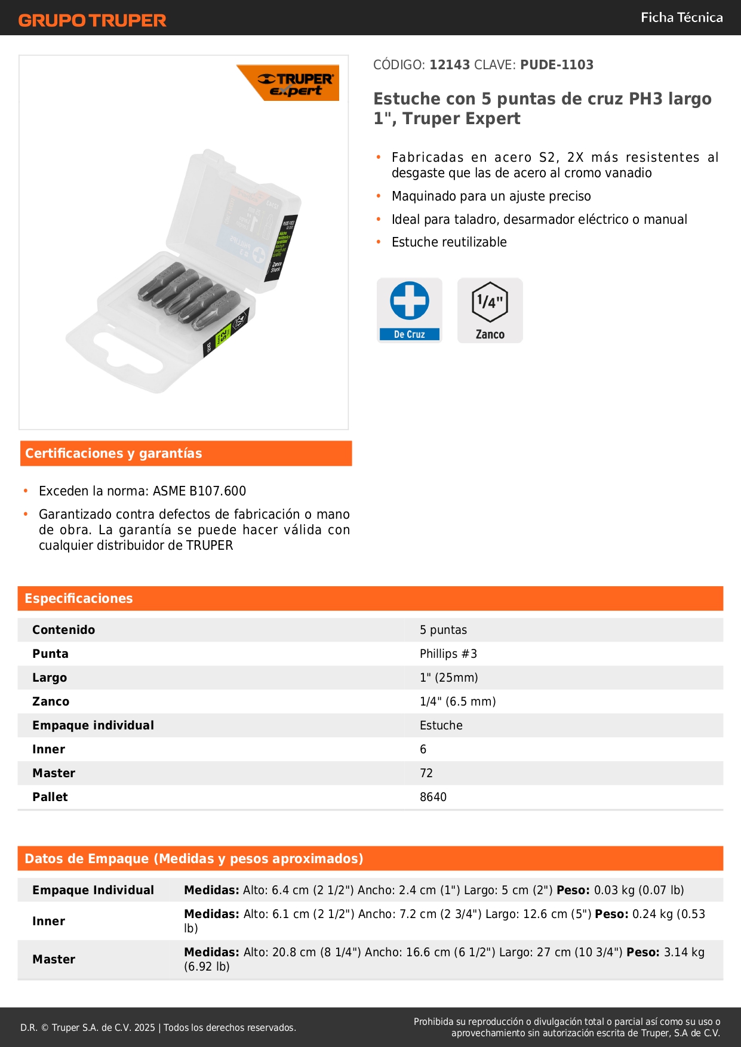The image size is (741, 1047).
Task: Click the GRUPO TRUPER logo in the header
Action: pyautogui.click(x=92, y=20)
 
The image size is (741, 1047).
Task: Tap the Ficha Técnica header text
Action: pyautogui.click(x=681, y=17)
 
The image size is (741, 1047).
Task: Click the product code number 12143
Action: pyautogui.click(x=450, y=64)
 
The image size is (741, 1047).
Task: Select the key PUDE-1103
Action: pyautogui.click(x=556, y=64)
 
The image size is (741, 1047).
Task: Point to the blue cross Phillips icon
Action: pyautogui.click(x=410, y=300)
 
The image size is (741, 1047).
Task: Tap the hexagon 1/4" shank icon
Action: pyautogui.click(x=490, y=302)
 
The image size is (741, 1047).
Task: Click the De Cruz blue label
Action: pyautogui.click(x=410, y=334)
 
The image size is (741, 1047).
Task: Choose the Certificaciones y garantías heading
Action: pyautogui.click(x=113, y=453)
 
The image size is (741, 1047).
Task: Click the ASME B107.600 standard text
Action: pyautogui.click(x=199, y=491)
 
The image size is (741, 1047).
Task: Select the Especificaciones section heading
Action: pyautogui.click(x=79, y=598)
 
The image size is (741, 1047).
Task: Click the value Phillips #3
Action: pyautogui.click(x=448, y=654)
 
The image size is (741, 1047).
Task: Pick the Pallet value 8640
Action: pyautogui.click(x=433, y=797)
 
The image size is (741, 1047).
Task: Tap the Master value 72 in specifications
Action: pyautogui.click(x=426, y=773)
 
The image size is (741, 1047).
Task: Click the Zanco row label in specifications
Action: pyautogui.click(x=51, y=701)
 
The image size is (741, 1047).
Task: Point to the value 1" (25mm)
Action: pyautogui.click(x=448, y=678)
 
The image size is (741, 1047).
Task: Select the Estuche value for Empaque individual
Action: pyautogui.click(x=441, y=725)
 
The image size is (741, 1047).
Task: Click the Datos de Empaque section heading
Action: pyautogui.click(x=193, y=858)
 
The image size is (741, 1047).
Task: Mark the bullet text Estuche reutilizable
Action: pyautogui.click(x=449, y=242)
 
